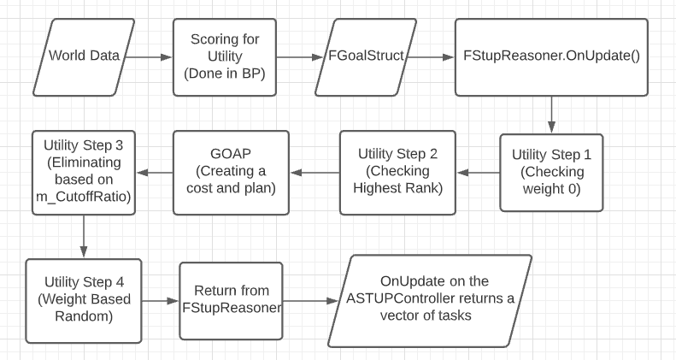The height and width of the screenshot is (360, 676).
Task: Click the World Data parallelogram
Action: point(84,57)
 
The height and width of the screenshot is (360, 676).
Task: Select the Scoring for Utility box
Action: point(225,57)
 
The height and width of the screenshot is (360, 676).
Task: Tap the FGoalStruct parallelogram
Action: point(366,57)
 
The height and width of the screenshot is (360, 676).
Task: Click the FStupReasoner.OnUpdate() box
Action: point(551,57)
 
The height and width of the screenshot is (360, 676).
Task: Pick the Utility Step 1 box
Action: point(551,173)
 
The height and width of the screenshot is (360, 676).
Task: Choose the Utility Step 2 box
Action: point(397,173)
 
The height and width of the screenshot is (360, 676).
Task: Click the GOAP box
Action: point(231,173)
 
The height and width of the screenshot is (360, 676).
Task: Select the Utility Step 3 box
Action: point(84,173)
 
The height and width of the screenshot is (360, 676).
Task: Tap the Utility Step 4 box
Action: point(84,301)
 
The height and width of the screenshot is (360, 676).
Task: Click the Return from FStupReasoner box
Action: point(231,301)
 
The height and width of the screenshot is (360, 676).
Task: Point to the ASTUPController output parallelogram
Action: point(430,301)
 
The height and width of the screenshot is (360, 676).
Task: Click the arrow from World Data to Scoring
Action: point(149,57)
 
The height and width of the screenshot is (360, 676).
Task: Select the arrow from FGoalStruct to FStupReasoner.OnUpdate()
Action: point(431,57)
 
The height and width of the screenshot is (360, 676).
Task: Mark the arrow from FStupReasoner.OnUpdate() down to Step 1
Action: point(551,115)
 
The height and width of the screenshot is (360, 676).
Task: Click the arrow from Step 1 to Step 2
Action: point(478,173)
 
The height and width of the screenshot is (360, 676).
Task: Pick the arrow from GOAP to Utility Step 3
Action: point(155,173)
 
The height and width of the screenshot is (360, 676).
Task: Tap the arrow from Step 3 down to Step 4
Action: point(84,237)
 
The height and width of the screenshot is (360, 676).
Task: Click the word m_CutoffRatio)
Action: point(84,197)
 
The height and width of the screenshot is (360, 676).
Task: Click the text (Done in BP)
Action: point(225,74)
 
